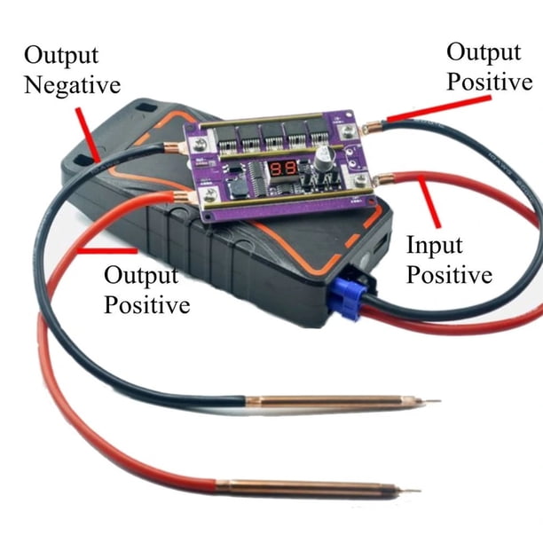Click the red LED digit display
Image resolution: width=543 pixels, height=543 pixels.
[x=283, y=169]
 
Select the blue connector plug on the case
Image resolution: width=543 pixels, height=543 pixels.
[x=346, y=300]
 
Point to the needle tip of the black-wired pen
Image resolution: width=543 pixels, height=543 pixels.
[x=440, y=401]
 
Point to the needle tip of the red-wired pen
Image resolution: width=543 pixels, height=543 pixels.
[x=421, y=491]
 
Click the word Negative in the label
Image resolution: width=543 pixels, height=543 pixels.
[x=73, y=85]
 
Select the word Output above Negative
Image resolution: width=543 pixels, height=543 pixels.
[x=61, y=55]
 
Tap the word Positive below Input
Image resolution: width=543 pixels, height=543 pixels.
[x=449, y=275]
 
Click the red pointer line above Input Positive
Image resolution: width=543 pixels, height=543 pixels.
[x=429, y=202]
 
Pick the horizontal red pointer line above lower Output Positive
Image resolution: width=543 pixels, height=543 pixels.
[x=107, y=250]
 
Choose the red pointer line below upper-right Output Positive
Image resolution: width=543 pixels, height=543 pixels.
[x=439, y=109]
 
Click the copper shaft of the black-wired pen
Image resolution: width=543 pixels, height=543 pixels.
[x=334, y=403]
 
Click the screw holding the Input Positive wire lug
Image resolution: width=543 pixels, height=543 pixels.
[x=361, y=179]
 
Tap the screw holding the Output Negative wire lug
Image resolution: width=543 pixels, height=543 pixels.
[x=200, y=144]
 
